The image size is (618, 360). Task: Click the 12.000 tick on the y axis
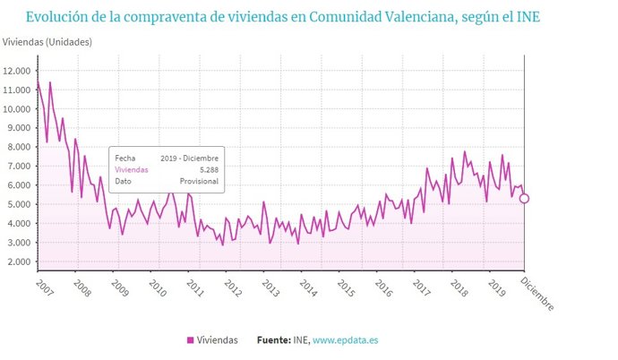tap(16, 71)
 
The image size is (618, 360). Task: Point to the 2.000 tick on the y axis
tap(18, 261)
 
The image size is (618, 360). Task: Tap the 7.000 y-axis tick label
tap(18, 167)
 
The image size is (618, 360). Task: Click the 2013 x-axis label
tap(271, 288)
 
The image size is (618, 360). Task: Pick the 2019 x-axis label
tap(495, 288)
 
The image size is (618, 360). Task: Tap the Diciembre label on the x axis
tap(537, 292)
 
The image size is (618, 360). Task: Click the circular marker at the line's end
tap(524, 199)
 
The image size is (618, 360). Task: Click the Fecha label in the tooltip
tap(124, 157)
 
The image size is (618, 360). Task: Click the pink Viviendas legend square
tap(190, 340)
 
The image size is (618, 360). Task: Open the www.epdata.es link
tap(346, 340)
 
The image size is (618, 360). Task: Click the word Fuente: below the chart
tap(273, 340)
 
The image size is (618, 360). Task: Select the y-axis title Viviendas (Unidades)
tap(47, 42)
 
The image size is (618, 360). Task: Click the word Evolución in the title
tap(56, 16)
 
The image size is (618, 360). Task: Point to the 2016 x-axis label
tap(383, 288)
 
